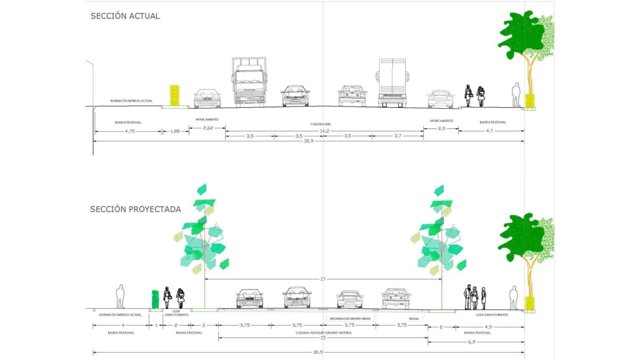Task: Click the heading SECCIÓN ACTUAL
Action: click(x=125, y=16)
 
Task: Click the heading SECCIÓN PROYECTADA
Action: click(x=135, y=209)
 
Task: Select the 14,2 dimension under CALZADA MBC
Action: click(x=324, y=131)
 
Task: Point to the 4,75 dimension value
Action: click(x=130, y=131)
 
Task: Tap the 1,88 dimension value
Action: click(x=175, y=131)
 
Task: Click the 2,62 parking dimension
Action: click(x=208, y=128)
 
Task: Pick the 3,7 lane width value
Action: click(x=398, y=136)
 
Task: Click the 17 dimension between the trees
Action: click(x=323, y=279)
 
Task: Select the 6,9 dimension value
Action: click(x=472, y=342)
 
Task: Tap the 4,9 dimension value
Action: click(x=488, y=327)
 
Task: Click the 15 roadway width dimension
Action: click(x=323, y=338)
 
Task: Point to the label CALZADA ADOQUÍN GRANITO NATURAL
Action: click(x=324, y=333)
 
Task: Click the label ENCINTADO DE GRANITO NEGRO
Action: click(x=350, y=319)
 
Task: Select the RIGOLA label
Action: click(x=414, y=319)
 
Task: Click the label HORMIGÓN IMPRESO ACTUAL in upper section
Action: click(x=131, y=101)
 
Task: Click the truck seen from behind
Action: click(x=392, y=83)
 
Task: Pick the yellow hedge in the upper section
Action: click(x=174, y=95)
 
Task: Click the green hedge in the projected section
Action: click(x=155, y=299)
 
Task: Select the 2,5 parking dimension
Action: click(x=441, y=128)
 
